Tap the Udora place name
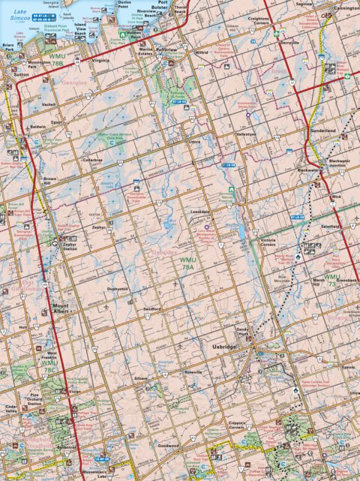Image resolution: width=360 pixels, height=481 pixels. pyautogui.click(x=194, y=141)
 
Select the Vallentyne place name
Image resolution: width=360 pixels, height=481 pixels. pyautogui.click(x=248, y=134)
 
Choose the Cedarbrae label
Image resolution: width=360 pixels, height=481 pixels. pyautogui.click(x=92, y=160)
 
